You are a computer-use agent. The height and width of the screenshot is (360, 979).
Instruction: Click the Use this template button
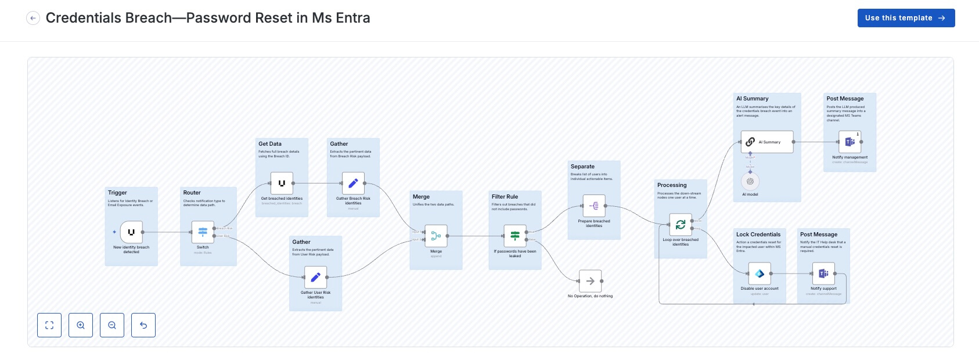906,18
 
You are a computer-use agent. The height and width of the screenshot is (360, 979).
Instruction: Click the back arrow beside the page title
33,19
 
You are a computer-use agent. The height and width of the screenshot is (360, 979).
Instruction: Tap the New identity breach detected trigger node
131,232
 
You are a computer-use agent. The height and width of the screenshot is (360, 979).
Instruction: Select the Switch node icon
203,232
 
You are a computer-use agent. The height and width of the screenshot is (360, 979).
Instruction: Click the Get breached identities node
282,183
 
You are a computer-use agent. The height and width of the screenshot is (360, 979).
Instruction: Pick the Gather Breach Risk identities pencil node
353,183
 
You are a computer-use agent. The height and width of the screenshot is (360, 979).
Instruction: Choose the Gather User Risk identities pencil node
315,278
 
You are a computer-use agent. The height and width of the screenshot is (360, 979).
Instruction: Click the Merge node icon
436,236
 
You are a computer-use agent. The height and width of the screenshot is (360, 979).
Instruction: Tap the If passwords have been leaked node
515,236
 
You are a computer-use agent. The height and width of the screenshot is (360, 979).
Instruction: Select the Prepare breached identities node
594,206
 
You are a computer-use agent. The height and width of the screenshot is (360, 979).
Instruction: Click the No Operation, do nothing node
590,281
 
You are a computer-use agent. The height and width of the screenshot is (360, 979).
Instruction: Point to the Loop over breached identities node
681,225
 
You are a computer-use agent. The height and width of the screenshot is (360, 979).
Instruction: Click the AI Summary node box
767,142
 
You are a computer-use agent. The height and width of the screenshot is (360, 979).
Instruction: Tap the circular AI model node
750,181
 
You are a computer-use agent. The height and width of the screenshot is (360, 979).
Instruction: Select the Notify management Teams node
850,142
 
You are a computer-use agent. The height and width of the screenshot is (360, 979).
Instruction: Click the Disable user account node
760,273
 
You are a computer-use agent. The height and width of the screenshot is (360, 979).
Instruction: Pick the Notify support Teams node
823,273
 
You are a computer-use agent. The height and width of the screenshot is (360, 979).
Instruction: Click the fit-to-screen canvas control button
49,325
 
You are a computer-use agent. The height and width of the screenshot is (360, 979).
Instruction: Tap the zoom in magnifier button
81,325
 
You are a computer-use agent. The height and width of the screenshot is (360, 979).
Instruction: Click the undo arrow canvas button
143,325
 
